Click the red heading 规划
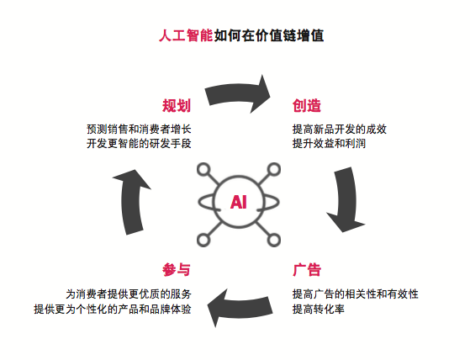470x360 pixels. pos(177,106)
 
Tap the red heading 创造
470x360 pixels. pos(307,106)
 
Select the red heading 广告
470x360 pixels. pos(307,270)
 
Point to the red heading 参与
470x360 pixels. pos(177,270)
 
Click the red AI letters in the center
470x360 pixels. pos(239,202)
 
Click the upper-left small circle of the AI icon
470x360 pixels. pos(203,169)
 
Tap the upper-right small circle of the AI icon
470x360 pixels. pos(273,169)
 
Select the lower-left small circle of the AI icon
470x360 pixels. pos(203,240)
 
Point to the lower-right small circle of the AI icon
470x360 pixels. pos(273,240)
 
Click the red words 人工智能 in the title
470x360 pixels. pos(186,35)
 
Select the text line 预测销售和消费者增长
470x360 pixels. pos(139,130)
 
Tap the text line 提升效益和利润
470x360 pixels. pos(329,143)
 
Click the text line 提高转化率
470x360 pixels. pos(319,309)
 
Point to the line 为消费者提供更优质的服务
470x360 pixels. pos(129,294)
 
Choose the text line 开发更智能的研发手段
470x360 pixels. pos(139,143)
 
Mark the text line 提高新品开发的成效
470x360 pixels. pos(340,130)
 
